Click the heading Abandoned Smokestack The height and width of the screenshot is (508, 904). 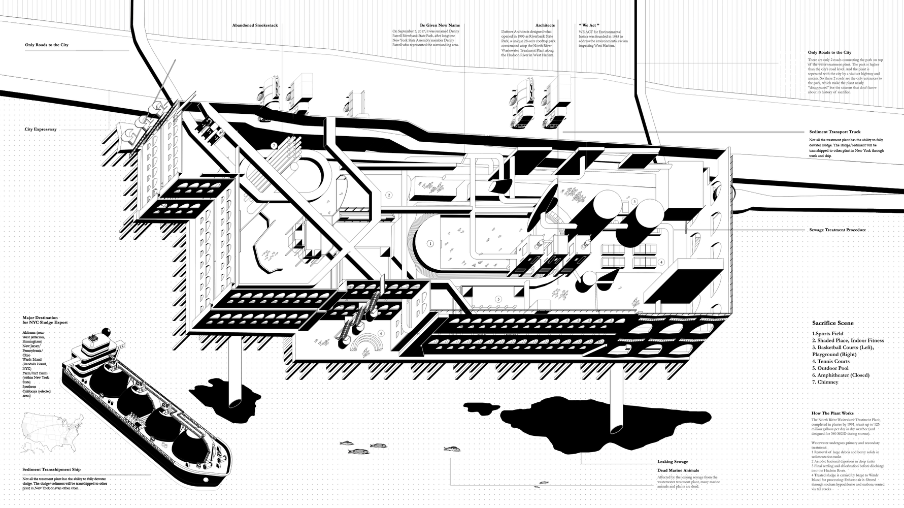pos(255,25)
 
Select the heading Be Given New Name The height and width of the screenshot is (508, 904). pos(440,25)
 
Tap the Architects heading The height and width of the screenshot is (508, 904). pos(545,25)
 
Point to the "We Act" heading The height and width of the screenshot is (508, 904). pos(589,25)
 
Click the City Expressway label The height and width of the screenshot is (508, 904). pos(41,130)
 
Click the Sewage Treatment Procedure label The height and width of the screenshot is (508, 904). pos(838,230)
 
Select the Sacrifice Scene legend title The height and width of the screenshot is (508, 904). pos(832,323)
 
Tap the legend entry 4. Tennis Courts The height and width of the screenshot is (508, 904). pos(830,361)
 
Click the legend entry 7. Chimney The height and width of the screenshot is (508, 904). pos(824,382)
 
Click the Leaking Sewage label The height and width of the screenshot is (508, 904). pos(673,462)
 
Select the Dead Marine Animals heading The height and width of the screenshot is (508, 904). pos(678,470)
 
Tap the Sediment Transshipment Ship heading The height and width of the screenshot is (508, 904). pos(52,470)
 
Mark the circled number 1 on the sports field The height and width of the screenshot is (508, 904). pos(430,243)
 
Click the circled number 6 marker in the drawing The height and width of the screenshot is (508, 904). pos(381,333)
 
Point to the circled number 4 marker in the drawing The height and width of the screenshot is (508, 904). pos(661,262)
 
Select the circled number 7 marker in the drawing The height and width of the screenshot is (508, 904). pos(274,145)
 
